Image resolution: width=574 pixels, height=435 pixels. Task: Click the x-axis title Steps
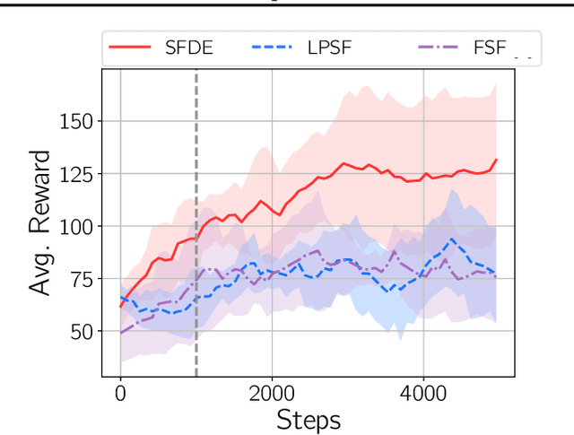(x=308, y=420)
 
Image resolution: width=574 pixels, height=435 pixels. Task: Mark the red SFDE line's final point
(x=497, y=160)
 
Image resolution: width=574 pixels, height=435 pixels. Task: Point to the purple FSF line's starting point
(x=120, y=334)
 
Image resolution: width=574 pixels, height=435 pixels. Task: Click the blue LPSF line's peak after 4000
(x=453, y=239)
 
